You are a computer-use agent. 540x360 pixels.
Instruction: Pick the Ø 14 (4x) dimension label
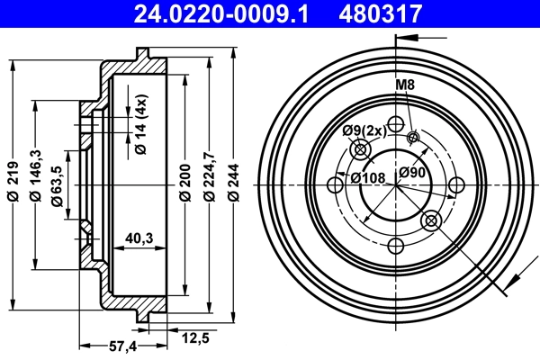141,125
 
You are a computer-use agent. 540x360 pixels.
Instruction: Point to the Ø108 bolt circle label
368,176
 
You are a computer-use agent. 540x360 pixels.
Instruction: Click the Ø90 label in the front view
412,173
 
